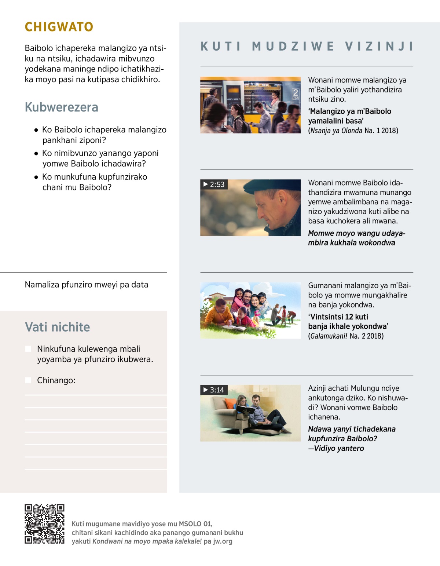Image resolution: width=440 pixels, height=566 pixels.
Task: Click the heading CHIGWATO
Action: pos(59,27)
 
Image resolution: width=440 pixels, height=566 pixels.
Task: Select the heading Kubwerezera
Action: pos(62,107)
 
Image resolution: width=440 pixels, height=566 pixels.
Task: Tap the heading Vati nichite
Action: pos(57,327)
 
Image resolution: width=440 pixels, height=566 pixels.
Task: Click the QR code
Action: pos(44,524)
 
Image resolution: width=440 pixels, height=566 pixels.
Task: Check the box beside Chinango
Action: pos(28,380)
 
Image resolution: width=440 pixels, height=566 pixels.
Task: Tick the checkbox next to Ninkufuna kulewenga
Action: pos(28,348)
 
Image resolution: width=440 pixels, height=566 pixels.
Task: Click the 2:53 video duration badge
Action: pos(214,184)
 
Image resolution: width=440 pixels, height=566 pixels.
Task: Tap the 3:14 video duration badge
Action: pos(214,390)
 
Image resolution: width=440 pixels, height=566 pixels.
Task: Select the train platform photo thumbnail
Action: pos(250,105)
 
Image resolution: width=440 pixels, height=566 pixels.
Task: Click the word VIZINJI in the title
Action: pos(379,46)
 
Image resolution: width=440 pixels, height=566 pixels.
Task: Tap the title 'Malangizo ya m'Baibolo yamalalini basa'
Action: pos(349,116)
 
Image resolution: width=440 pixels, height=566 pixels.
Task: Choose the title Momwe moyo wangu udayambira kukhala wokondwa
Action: pos(356,238)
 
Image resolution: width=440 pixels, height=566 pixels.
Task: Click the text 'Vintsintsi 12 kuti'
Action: pos(338,317)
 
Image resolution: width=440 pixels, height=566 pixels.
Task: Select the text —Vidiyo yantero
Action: pos(336,448)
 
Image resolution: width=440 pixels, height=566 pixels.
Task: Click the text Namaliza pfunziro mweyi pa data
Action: pos(87,285)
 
